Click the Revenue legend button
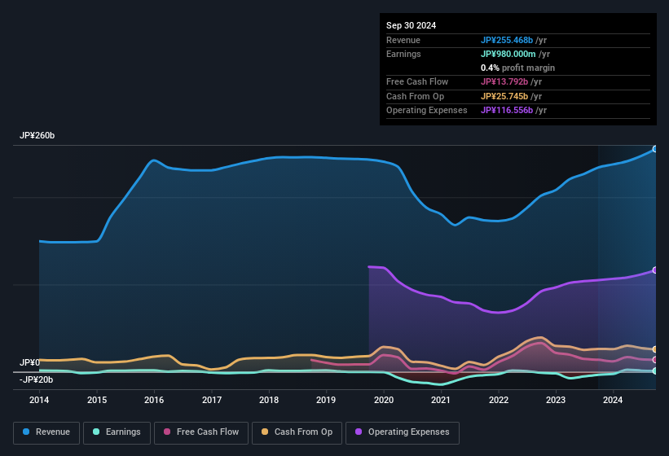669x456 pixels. coord(47,432)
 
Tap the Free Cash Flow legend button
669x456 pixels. coord(200,432)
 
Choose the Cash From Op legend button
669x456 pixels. coord(297,432)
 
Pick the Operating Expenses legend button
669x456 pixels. coord(403,432)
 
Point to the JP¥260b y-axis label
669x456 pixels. coord(37,135)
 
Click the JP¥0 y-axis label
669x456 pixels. coord(29,362)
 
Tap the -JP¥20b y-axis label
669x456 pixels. coord(36,379)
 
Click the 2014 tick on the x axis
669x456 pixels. coord(39,400)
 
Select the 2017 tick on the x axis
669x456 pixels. coord(212,400)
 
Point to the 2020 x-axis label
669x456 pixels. coord(383,400)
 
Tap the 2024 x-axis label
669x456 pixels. coord(613,400)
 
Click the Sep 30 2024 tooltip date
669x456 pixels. coord(412,25)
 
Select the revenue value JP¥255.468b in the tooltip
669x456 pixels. coord(507,40)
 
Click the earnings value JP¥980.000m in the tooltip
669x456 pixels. coord(508,54)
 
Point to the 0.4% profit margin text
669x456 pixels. coord(517,68)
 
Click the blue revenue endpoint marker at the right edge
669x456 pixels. coord(655,149)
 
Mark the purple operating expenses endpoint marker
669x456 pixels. coord(655,270)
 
